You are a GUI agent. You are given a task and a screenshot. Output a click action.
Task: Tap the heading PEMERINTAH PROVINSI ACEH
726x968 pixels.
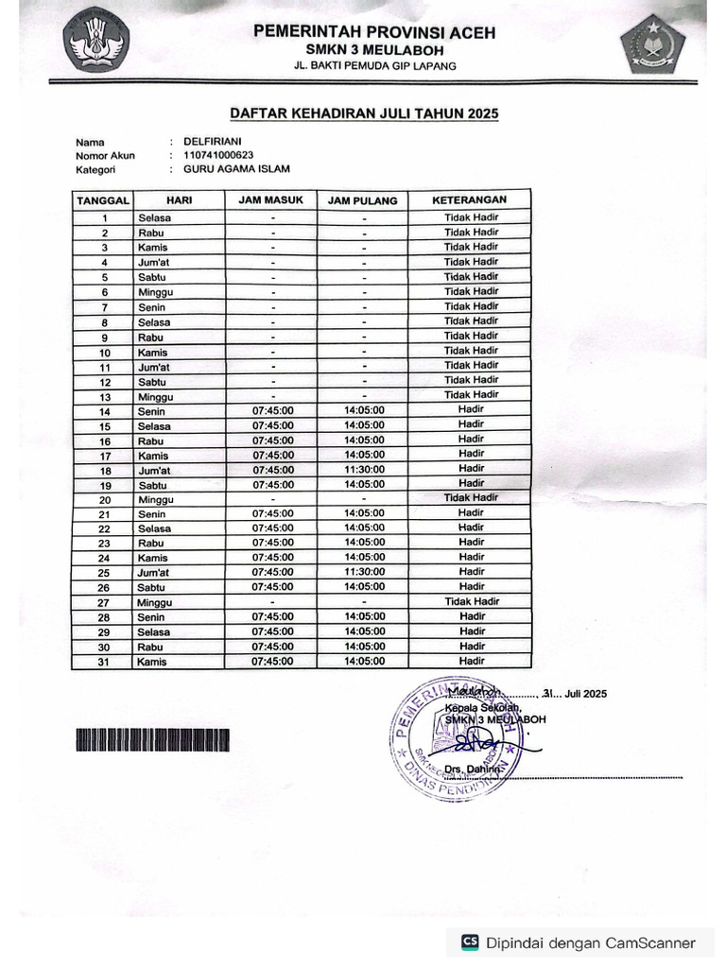pos(373,32)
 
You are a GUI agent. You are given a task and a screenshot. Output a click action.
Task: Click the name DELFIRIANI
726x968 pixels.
pos(213,141)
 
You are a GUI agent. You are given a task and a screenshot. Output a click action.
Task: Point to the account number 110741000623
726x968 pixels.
pos(218,155)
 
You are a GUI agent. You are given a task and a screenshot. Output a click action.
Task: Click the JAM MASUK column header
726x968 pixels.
pos(271,200)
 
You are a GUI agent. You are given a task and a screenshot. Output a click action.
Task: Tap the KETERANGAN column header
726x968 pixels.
pos(470,200)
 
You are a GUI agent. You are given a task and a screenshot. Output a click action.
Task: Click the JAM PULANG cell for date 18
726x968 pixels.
pos(364,470)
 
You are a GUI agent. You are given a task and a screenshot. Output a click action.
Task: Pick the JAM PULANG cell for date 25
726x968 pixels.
pos(364,572)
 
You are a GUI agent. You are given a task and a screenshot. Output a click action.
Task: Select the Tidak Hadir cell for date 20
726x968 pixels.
pos(471,498)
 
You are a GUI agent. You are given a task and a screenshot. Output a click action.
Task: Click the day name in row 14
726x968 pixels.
pos(152,411)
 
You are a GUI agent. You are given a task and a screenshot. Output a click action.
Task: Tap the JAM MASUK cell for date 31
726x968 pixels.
pos(272,662)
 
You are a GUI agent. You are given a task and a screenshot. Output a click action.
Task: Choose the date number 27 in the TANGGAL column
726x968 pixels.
pos(105,602)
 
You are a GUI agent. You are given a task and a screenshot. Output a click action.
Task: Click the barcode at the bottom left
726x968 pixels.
pos(151,741)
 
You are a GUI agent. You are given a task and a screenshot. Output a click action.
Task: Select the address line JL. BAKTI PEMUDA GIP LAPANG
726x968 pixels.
pos(373,65)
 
